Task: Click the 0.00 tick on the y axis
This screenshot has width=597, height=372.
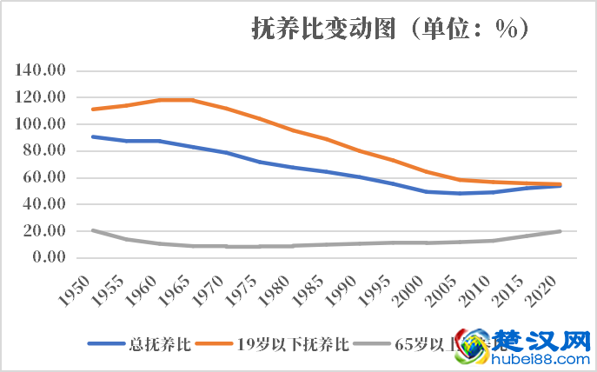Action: (51, 257)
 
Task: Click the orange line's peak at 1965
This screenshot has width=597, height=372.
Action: (192, 100)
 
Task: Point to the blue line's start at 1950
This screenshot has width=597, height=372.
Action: (93, 136)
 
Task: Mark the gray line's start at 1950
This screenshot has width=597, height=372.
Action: (93, 230)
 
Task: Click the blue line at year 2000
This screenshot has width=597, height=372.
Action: (426, 191)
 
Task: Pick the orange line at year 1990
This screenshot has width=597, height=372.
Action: (359, 150)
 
